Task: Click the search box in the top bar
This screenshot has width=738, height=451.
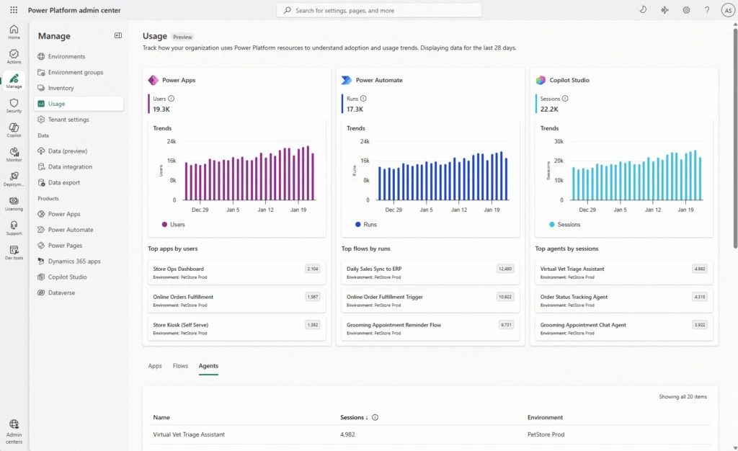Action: [378, 10]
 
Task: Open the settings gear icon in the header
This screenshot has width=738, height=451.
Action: [686, 10]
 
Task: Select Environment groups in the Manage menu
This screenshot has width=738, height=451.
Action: [75, 72]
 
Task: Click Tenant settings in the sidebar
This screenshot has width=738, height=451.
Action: [68, 120]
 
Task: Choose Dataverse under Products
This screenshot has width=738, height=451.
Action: [61, 293]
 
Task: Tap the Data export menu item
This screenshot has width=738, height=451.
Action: [64, 182]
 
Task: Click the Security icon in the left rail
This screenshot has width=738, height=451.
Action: [14, 106]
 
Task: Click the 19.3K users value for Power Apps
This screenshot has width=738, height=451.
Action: [161, 110]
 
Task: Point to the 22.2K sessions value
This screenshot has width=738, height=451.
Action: [549, 110]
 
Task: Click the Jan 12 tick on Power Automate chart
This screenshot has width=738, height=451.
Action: [459, 210]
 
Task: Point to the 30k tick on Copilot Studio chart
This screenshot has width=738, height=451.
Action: [559, 142]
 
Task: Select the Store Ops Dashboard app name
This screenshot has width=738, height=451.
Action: [178, 269]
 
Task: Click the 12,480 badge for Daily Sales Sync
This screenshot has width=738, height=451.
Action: [505, 269]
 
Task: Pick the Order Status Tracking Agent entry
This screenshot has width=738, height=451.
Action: [574, 297]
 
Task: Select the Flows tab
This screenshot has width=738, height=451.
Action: [180, 366]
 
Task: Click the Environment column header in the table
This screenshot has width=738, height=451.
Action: [545, 417]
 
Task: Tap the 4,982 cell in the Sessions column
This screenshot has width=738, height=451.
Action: [347, 434]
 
